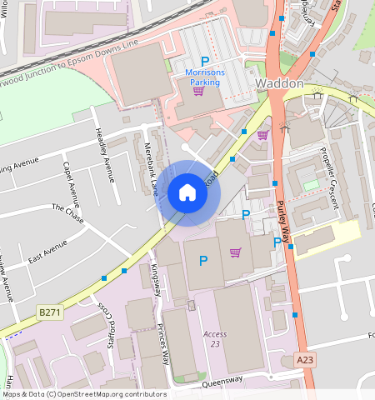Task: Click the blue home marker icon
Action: tap(187, 193)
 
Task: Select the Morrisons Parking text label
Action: tap(204, 77)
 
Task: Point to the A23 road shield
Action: tap(306, 359)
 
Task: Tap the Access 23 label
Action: tap(214, 338)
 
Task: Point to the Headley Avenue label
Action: tap(104, 154)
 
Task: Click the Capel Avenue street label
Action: tap(72, 183)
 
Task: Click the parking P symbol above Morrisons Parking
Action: tap(204, 61)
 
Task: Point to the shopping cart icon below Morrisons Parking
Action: tap(198, 91)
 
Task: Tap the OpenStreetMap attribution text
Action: tap(83, 394)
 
